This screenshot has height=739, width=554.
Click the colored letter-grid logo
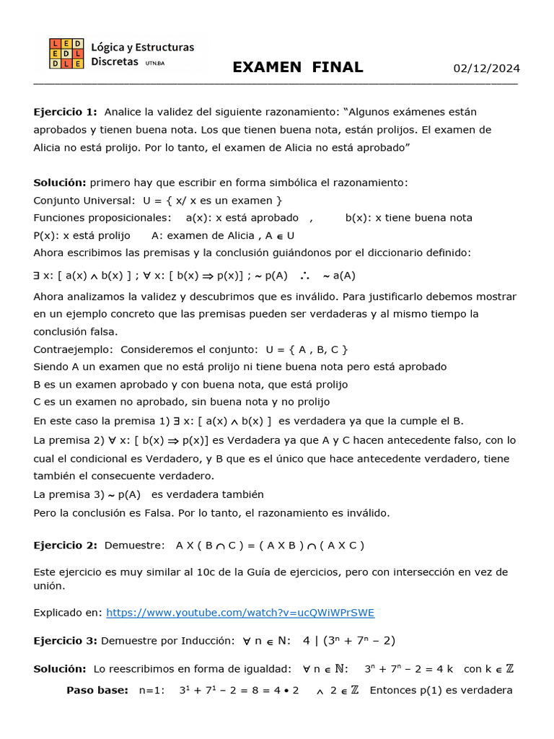[66, 54]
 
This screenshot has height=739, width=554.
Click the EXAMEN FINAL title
[297, 68]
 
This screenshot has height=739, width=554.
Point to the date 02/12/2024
[486, 69]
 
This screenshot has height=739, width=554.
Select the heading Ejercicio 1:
[65, 112]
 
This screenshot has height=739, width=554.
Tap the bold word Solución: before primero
[60, 183]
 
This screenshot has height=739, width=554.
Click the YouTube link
[240, 613]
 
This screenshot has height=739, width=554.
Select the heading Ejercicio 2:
[65, 546]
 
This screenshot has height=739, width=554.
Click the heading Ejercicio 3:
[65, 641]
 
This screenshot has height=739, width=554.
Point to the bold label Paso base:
[97, 691]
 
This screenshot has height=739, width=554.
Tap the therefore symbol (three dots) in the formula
[304, 275]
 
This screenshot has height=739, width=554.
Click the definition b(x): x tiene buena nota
[409, 217]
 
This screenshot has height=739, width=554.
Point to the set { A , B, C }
[315, 349]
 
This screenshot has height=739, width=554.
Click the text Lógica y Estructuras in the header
[143, 48]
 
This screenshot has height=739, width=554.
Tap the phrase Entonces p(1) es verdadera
[441, 691]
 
